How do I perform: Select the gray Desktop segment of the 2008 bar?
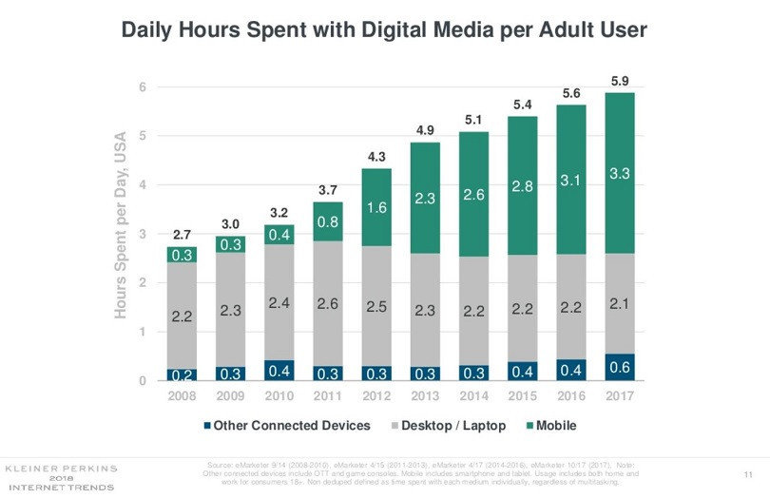182,315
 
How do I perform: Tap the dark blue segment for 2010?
279,370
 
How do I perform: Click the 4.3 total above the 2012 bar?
375,155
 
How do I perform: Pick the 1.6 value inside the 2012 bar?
375,207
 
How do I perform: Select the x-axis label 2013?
424,395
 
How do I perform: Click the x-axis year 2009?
230,395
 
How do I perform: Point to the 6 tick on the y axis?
143,87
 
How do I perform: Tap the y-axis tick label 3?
143,234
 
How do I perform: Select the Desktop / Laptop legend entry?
451,425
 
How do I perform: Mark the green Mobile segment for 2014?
472,194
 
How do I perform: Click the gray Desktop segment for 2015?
521,308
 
